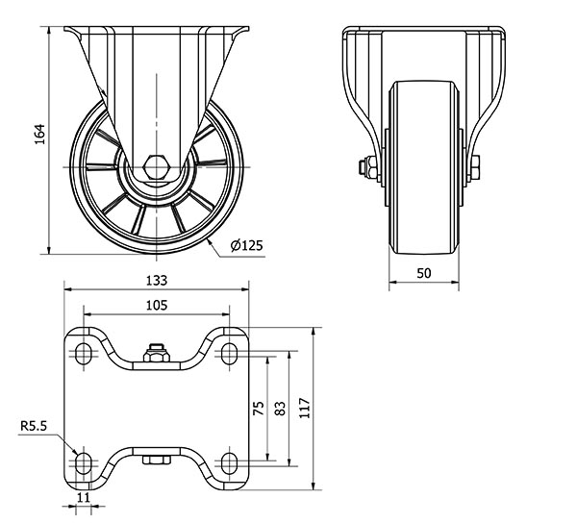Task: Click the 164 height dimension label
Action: click(39, 134)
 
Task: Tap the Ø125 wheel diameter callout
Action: click(247, 245)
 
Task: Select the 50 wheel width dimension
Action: click(424, 273)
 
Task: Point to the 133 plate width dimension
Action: click(157, 281)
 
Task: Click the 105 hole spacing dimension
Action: click(157, 306)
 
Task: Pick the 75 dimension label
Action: click(259, 409)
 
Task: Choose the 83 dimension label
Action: click(281, 409)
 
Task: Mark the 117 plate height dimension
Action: click(305, 408)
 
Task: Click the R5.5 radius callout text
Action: click(34, 426)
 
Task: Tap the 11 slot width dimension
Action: click(84, 497)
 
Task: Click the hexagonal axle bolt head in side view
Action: click(157, 167)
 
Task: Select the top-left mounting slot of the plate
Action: click(84, 353)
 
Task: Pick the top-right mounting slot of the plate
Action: click(230, 353)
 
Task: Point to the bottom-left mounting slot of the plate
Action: click(84, 463)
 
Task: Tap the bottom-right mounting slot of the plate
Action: click(230, 463)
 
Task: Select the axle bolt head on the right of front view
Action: click(475, 167)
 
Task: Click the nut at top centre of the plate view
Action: click(157, 353)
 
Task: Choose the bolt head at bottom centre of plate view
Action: click(157, 460)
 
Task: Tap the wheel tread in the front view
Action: click(424, 167)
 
